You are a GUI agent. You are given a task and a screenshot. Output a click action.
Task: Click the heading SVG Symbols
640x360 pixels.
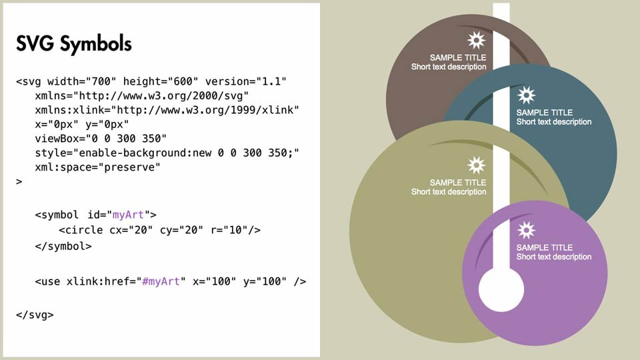pos(74,44)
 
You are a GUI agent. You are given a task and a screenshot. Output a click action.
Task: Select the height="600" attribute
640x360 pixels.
pos(161,81)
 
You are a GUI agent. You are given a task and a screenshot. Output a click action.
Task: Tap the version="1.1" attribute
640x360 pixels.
pos(246,81)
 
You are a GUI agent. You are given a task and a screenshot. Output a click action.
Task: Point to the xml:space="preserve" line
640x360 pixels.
pos(97,167)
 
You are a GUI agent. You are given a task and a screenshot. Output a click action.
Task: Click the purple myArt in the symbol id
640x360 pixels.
pos(128,215)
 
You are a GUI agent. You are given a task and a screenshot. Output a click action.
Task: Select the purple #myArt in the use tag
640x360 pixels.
pos(161,281)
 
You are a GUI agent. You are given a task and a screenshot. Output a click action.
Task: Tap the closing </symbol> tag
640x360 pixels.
pos(63,246)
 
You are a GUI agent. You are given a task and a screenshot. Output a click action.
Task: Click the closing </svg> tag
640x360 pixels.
pos(35,315)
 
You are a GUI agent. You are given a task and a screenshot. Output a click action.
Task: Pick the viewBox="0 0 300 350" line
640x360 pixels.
pos(101,139)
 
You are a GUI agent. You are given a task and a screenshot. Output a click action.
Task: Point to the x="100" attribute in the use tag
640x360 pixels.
pos(214,281)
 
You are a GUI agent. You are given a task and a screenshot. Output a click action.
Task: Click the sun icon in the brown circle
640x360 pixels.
pos(476,41)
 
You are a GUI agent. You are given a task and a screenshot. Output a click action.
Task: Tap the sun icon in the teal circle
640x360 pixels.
pos(526,95)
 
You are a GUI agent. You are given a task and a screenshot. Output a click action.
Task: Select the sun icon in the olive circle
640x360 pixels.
pos(476,165)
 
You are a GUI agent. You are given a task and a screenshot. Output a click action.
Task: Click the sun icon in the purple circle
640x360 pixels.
pos(526,230)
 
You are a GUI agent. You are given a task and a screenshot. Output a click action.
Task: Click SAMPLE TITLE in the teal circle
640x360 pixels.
pos(545,112)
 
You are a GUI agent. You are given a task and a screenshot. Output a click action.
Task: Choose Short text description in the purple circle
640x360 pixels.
pos(554,257)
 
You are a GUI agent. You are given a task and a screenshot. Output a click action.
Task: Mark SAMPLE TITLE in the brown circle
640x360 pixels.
pos(458,57)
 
